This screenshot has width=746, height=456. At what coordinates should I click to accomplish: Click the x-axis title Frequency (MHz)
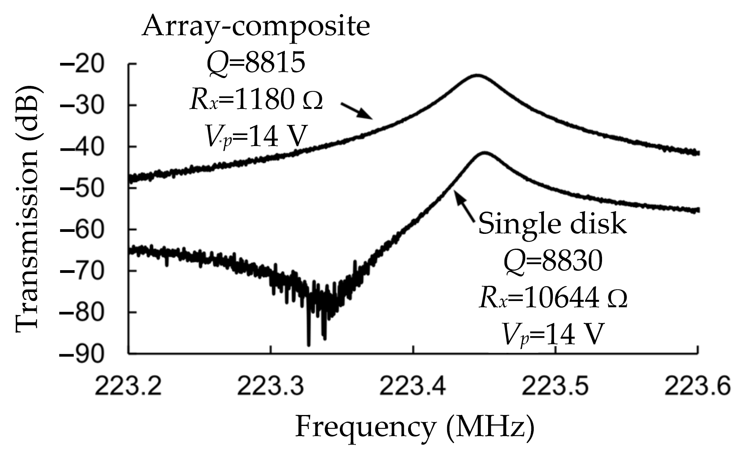click(x=414, y=427)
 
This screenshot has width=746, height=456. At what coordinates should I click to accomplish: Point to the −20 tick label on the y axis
click(x=81, y=64)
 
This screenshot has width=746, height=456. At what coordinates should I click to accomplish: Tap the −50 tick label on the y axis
click(x=81, y=188)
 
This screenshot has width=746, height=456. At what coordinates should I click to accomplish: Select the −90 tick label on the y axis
click(x=81, y=354)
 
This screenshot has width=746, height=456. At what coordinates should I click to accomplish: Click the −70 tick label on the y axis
click(x=81, y=271)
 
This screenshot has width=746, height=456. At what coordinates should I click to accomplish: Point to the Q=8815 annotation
click(x=256, y=63)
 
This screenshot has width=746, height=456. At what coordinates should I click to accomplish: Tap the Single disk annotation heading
click(x=552, y=224)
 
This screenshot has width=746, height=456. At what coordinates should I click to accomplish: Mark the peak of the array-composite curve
click(x=476, y=75)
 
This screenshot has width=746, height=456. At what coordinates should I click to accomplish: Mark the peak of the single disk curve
click(x=484, y=153)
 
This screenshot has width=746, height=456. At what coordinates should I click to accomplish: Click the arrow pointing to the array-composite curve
click(x=357, y=110)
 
